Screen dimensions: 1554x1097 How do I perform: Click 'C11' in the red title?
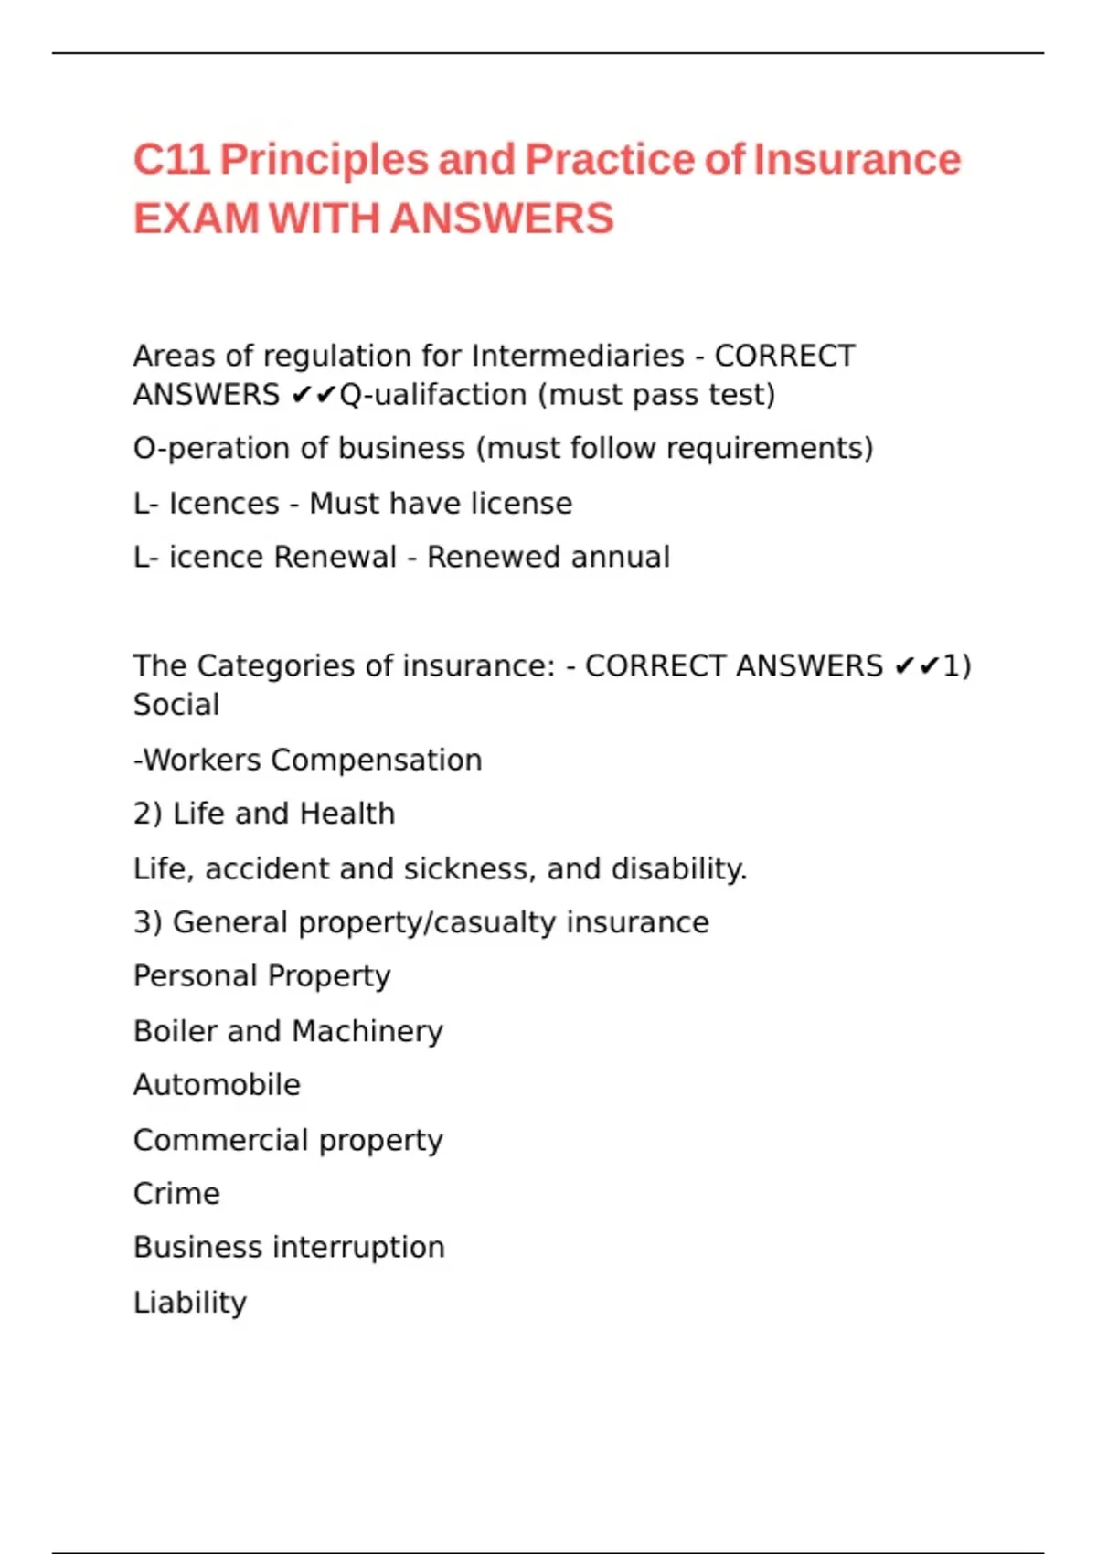click(171, 160)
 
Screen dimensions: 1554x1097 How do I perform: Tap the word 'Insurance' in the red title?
click(857, 160)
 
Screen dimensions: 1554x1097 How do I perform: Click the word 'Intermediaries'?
click(578, 356)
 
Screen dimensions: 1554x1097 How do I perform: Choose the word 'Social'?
click(176, 705)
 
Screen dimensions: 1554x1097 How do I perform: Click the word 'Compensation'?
click(377, 760)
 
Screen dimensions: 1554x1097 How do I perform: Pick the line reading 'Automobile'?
click(217, 1085)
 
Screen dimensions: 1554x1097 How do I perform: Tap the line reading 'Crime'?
click(176, 1194)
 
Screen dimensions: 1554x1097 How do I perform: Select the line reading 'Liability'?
click(190, 1303)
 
